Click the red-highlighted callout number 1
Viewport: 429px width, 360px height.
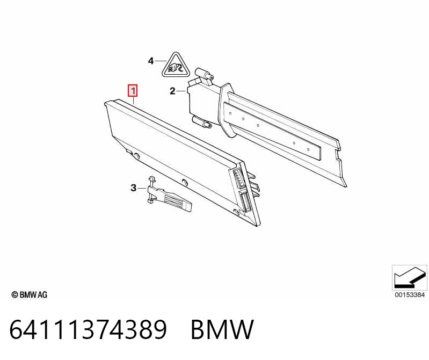click(133, 91)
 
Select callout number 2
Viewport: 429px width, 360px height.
click(172, 91)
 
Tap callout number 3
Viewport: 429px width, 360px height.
click(133, 188)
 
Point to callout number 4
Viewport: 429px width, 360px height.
click(151, 61)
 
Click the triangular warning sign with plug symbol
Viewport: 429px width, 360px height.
click(175, 65)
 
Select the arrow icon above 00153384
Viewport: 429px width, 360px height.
click(410, 278)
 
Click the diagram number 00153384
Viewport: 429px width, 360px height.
click(410, 295)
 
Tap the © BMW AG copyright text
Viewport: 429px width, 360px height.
click(30, 295)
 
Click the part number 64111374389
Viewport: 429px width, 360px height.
click(88, 329)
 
